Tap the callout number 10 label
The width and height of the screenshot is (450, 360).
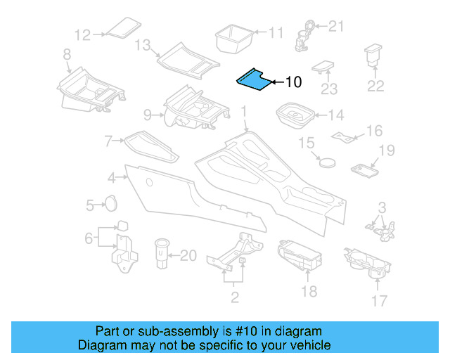(x=292, y=82)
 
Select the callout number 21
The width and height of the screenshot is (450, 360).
(x=337, y=27)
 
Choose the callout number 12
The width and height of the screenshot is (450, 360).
(x=83, y=33)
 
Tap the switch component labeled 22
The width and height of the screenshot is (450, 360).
(x=373, y=56)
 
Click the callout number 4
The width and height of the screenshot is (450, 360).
(x=112, y=177)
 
